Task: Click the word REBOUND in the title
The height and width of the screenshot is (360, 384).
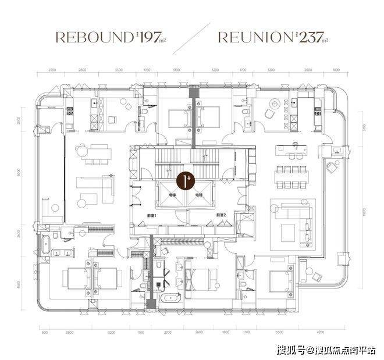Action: (x=93, y=38)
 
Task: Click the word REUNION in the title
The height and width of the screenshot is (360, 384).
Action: (x=254, y=38)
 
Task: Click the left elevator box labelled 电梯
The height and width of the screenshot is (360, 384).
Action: (x=173, y=196)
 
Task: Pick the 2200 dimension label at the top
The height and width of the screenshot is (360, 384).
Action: (x=52, y=70)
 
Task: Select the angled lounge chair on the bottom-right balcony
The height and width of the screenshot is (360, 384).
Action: (x=317, y=276)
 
